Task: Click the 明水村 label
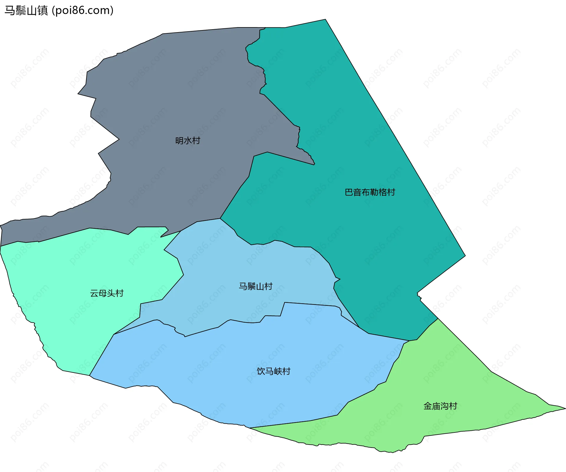click(188, 140)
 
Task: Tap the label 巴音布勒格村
click(370, 192)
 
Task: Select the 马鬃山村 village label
click(256, 286)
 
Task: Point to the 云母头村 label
click(107, 293)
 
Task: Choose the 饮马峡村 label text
click(274, 371)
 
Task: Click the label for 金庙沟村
click(440, 406)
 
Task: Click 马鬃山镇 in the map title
click(26, 11)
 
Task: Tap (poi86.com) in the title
click(83, 11)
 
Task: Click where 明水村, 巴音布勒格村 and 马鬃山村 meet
click(220, 219)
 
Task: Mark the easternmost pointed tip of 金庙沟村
click(565, 409)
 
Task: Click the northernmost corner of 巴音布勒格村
click(325, 19)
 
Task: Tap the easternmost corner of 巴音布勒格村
click(465, 256)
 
